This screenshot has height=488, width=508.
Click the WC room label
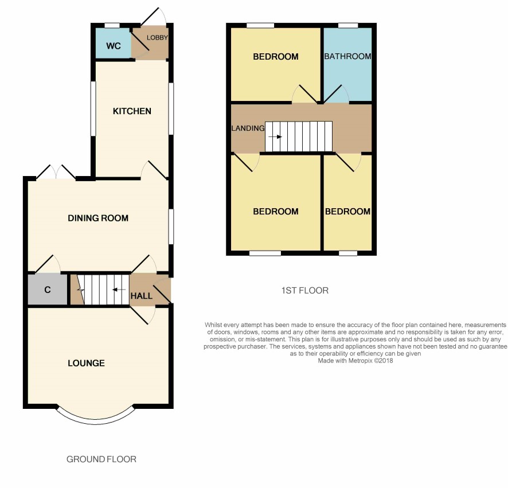[114, 46]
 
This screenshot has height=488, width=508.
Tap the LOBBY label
[157, 38]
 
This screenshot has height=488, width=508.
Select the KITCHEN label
[132, 111]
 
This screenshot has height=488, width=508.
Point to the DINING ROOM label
[98, 218]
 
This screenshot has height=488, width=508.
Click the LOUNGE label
[86, 363]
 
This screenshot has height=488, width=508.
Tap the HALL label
[141, 296]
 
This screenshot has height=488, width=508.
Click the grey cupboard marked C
[48, 290]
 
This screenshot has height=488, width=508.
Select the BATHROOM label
[347, 56]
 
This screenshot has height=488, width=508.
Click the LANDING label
[248, 128]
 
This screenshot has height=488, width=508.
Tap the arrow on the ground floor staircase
[119, 290]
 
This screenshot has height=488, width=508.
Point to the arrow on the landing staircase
[275, 136]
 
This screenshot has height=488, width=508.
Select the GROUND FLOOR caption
[101, 459]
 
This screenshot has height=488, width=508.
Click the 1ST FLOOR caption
[305, 290]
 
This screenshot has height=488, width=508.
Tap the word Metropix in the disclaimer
[360, 361]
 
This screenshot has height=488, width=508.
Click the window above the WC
[112, 25]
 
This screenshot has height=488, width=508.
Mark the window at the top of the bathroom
[348, 25]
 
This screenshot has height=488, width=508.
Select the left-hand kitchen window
[93, 108]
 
